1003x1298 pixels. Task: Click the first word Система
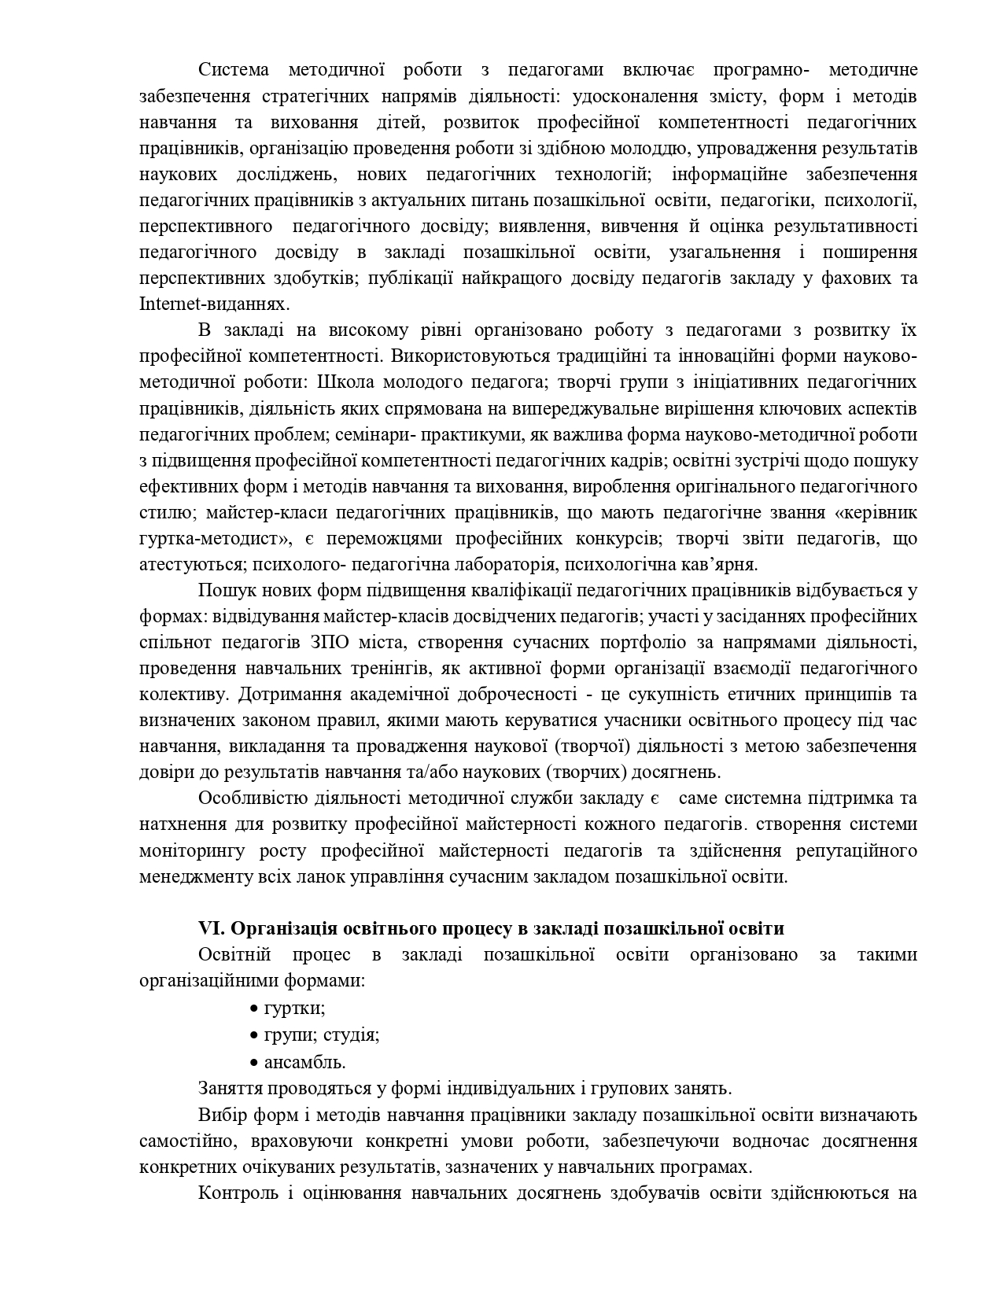click(233, 70)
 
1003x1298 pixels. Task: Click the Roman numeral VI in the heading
click(212, 928)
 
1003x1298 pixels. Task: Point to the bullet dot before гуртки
click(254, 1009)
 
